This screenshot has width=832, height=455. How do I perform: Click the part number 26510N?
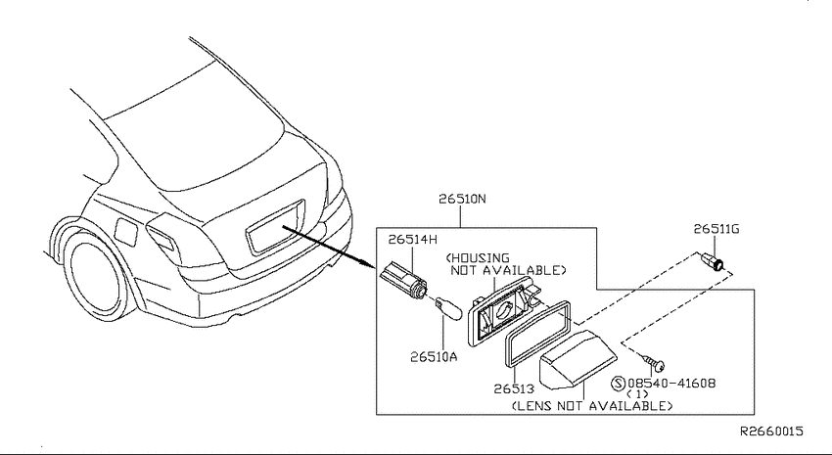462,199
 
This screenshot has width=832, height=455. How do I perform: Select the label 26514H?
413,240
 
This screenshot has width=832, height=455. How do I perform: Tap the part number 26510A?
434,356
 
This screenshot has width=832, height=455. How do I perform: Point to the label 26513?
514,388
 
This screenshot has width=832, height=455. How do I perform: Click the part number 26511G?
716,229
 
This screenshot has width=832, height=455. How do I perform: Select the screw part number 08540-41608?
671,383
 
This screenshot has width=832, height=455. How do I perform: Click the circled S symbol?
619,383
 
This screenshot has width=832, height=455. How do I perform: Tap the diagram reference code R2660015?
771,432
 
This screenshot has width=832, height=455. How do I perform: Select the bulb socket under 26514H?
404,280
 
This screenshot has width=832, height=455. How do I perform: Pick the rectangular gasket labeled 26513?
537,333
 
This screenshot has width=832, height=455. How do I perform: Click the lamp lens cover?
578,359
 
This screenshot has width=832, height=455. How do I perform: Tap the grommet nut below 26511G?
712,261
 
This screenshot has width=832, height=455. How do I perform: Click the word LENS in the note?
532,406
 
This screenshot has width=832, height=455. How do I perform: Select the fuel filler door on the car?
126,232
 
